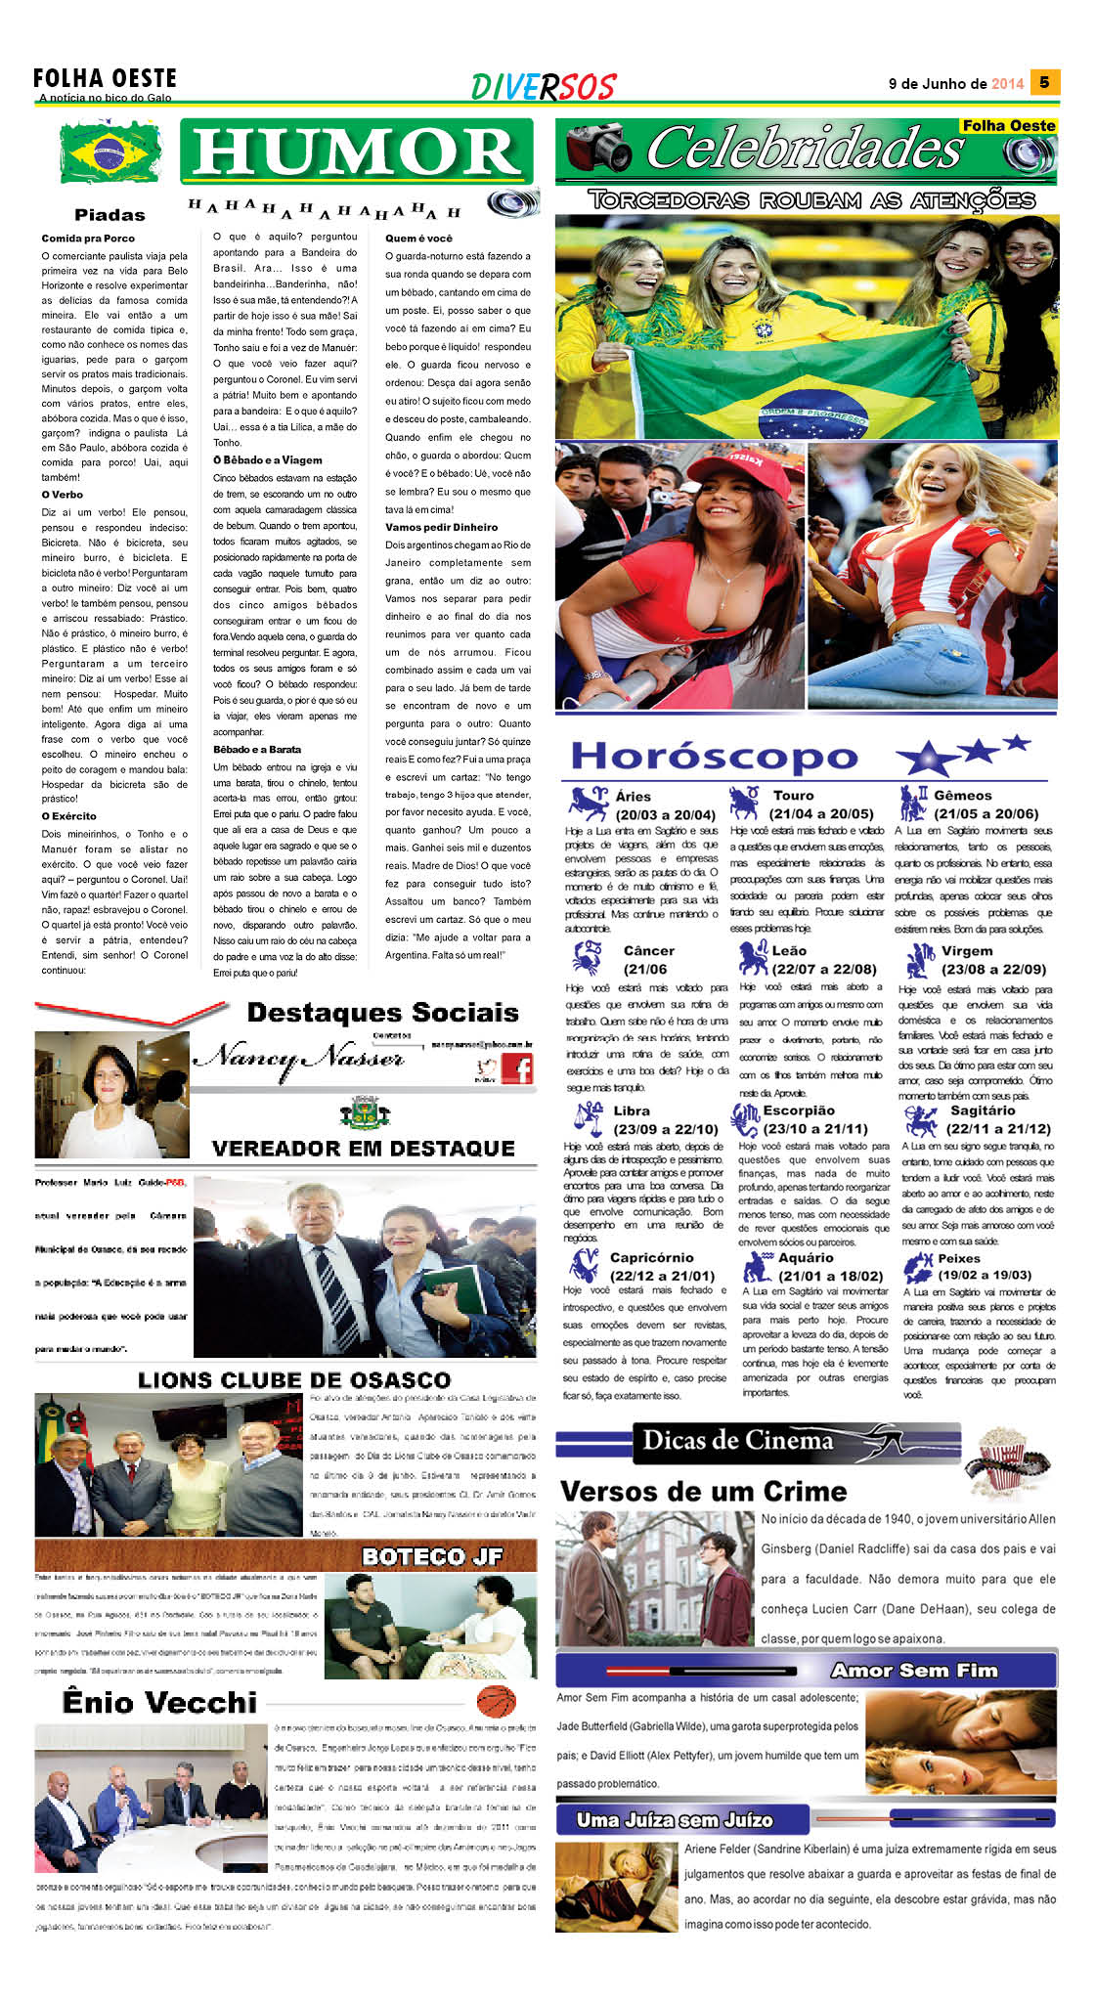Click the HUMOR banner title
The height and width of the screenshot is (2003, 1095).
pyautogui.click(x=357, y=152)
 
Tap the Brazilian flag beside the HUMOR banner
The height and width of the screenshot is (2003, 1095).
pyautogui.click(x=110, y=152)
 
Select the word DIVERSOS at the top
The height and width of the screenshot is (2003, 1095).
pyautogui.click(x=543, y=87)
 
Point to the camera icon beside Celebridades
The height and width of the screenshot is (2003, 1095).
pyautogui.click(x=598, y=148)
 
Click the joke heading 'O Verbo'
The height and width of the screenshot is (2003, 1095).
pyautogui.click(x=62, y=495)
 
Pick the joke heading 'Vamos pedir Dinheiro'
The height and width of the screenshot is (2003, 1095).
pyautogui.click(x=441, y=527)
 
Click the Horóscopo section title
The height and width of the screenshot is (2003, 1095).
pyautogui.click(x=715, y=757)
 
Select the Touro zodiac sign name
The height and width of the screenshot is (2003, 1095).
pyautogui.click(x=793, y=796)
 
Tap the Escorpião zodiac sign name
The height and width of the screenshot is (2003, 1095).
pyautogui.click(x=799, y=1110)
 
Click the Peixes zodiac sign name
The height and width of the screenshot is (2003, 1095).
pyautogui.click(x=958, y=1258)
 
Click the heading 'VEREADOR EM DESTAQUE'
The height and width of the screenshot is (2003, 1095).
pyautogui.click(x=363, y=1149)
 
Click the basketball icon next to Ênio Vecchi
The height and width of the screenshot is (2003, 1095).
pyautogui.click(x=496, y=1702)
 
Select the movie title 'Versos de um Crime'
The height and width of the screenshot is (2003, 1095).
pyautogui.click(x=703, y=1491)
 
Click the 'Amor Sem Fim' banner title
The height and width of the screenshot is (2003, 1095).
pyautogui.click(x=914, y=1671)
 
